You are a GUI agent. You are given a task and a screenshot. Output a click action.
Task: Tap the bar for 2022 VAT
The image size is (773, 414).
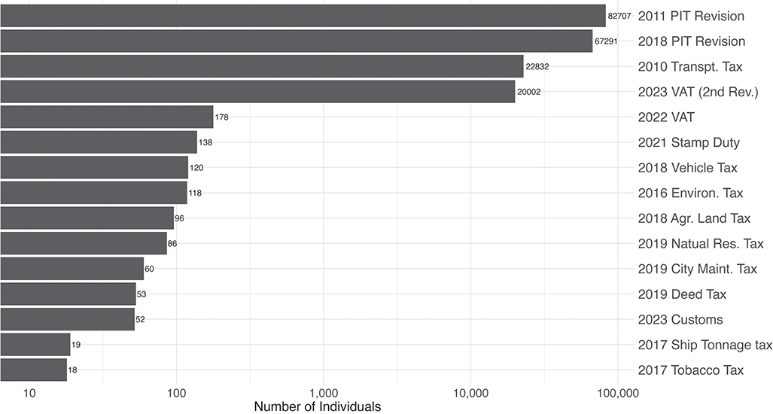106,117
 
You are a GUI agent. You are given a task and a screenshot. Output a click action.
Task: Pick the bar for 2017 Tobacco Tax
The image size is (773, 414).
33,370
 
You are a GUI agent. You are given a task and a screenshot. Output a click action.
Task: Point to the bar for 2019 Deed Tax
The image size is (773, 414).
68,294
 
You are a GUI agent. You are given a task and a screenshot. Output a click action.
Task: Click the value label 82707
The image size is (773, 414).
619,16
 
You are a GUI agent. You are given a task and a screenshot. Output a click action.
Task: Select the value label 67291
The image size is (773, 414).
607,41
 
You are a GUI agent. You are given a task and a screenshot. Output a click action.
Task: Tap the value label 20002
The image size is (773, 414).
529,92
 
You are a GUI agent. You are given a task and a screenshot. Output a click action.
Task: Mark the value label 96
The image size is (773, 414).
179,218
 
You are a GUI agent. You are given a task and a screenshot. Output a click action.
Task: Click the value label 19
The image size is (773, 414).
76,345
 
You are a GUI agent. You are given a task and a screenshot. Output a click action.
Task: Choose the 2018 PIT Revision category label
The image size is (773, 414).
691,41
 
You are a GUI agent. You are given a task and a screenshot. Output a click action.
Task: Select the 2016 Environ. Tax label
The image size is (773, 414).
690,193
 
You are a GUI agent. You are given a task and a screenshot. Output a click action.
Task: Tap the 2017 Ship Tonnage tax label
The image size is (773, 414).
705,345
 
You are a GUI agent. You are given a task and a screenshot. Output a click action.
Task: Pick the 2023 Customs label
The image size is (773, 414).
680,319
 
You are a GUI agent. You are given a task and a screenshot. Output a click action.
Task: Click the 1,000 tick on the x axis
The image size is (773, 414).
324,392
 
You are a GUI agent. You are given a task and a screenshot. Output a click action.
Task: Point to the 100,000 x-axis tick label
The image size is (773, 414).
617,392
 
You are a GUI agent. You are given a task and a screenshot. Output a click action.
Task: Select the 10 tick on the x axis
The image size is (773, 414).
29,392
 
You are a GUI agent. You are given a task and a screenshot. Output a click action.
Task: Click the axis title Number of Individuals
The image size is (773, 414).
317,406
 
